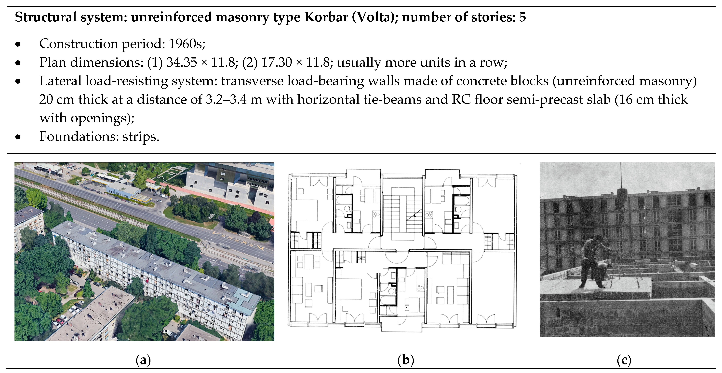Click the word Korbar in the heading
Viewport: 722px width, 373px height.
point(326,17)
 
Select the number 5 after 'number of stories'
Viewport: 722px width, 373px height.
point(522,17)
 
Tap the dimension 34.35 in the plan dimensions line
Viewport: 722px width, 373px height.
point(182,62)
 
